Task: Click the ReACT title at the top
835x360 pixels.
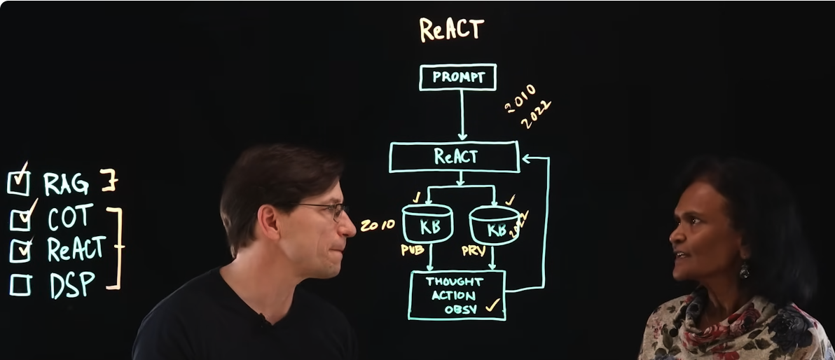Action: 452,29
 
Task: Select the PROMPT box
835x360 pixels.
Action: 457,77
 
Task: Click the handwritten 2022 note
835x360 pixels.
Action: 536,115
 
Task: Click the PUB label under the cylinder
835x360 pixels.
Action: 413,249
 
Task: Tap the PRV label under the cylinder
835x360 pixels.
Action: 474,251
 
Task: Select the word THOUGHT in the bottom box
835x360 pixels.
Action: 455,282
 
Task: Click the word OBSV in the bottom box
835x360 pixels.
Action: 460,309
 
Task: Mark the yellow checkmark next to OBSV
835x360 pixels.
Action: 493,305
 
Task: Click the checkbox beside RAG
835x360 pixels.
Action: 18,183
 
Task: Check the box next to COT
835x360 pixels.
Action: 20,220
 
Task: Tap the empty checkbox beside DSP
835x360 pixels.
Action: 20,285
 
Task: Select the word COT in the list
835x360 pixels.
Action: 70,218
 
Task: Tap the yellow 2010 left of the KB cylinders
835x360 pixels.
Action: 378,226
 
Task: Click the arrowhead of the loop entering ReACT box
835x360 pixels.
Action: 525,159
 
